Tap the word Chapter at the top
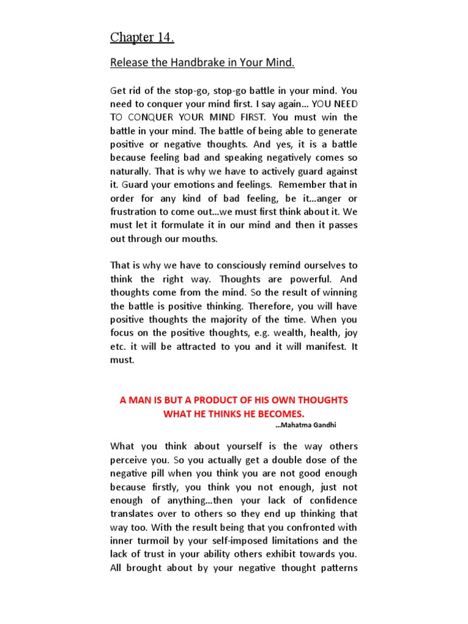point(132,38)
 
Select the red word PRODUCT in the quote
point(217,400)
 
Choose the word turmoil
point(156,541)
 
